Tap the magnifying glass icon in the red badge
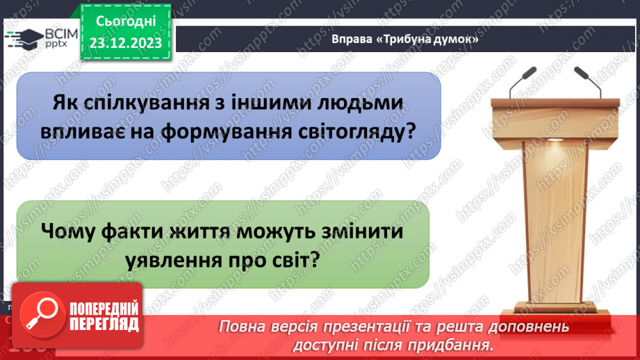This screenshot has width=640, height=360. click(37, 314)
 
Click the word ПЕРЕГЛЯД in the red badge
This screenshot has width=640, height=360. click(103, 324)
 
